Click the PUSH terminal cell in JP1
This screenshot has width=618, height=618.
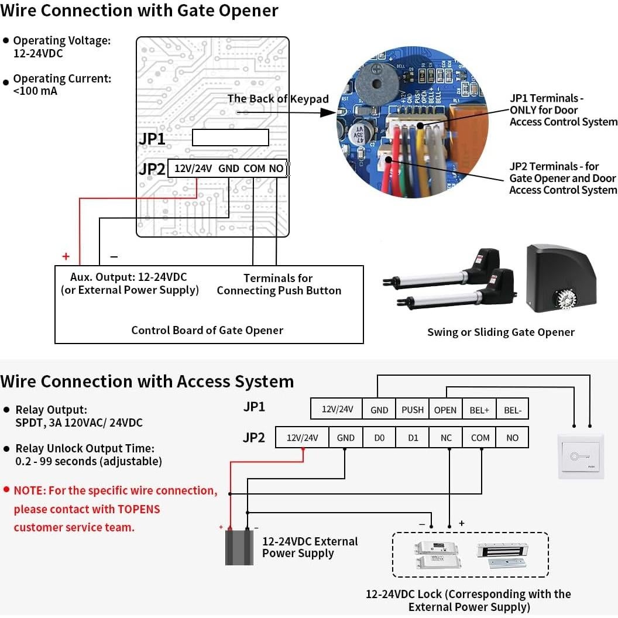[x=413, y=410]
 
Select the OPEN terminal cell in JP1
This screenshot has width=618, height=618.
[x=445, y=410]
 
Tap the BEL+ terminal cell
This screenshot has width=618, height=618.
[x=479, y=410]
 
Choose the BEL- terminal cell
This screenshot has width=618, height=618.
[x=513, y=410]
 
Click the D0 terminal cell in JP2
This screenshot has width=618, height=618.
[x=379, y=438]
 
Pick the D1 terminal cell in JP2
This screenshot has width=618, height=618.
[x=413, y=438]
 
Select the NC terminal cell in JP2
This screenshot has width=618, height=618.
[x=447, y=438]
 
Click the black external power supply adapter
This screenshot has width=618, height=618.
[x=239, y=547]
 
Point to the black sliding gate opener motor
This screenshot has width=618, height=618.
[x=562, y=278]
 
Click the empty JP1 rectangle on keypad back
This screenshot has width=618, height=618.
[x=231, y=138]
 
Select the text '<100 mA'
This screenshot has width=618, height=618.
[x=35, y=91]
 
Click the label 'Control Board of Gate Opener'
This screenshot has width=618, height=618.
[x=207, y=330]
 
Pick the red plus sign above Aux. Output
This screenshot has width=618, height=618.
[x=66, y=256]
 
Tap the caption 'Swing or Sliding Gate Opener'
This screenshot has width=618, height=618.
[x=501, y=332]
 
